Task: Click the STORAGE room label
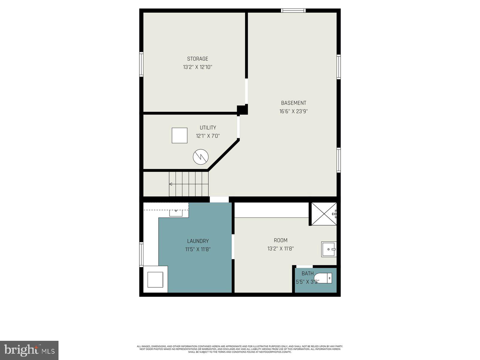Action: click(x=197, y=59)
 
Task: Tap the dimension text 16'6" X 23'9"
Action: click(x=293, y=111)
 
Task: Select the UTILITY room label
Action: click(x=208, y=128)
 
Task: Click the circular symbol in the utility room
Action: click(x=201, y=157)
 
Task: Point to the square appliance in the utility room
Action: click(x=179, y=135)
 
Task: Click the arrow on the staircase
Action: click(x=171, y=184)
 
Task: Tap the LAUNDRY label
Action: click(x=198, y=241)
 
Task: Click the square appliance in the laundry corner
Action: click(x=155, y=280)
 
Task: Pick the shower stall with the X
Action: click(x=324, y=214)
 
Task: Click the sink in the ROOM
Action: click(x=329, y=249)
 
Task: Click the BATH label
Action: click(x=307, y=274)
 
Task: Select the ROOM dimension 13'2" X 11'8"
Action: click(x=280, y=248)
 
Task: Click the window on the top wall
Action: click(x=293, y=11)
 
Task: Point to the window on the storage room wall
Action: click(x=141, y=64)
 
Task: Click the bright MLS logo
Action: click(x=29, y=350)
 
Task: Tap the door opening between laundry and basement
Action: click(x=219, y=199)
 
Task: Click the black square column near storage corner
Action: click(x=242, y=110)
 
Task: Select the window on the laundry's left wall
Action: click(x=141, y=254)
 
